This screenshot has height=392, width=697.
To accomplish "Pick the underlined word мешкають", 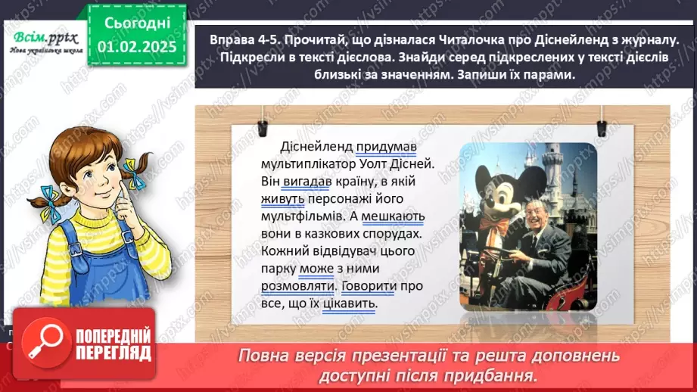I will point(394,217).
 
